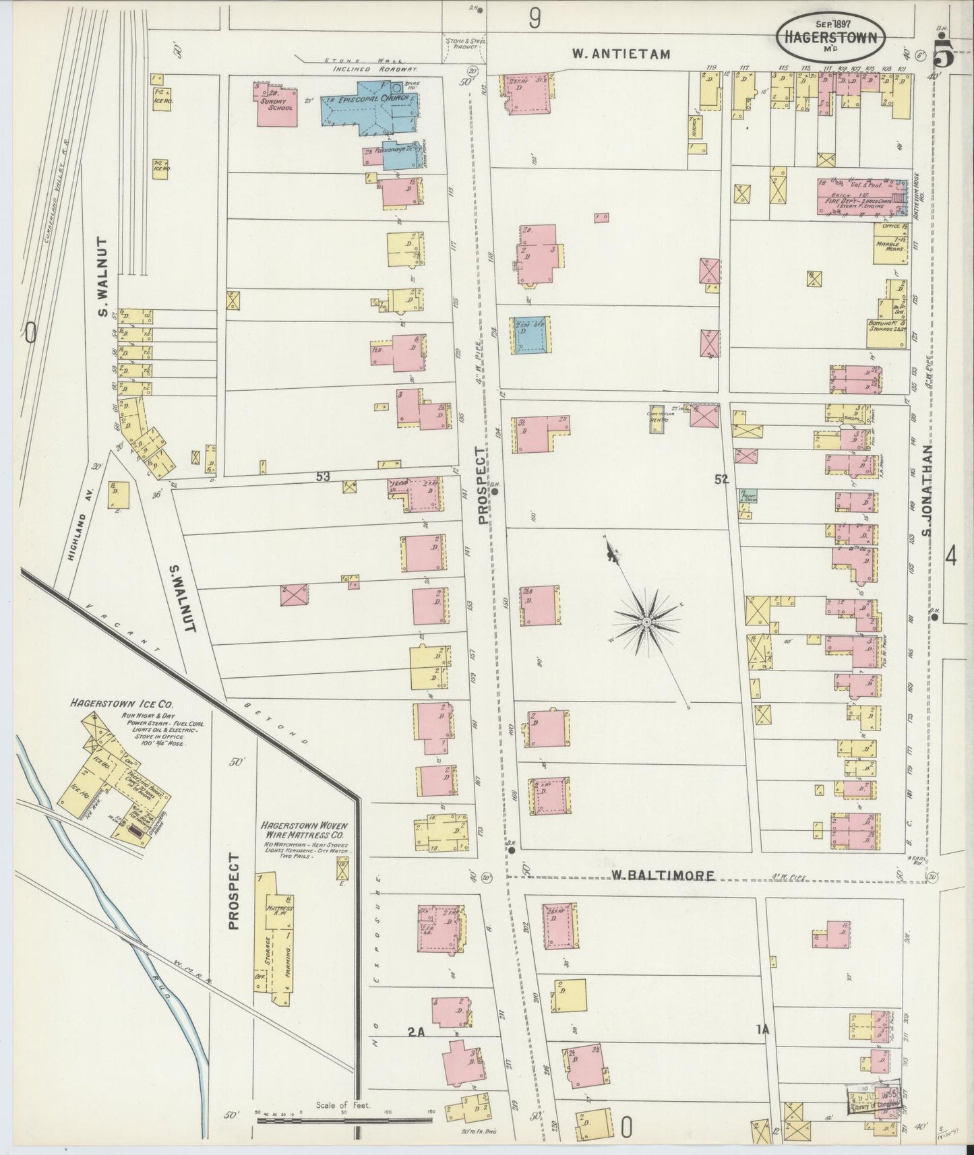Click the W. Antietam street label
[621, 55]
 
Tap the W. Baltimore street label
[663, 875]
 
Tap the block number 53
[323, 476]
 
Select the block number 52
[722, 479]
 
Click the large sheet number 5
[943, 55]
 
